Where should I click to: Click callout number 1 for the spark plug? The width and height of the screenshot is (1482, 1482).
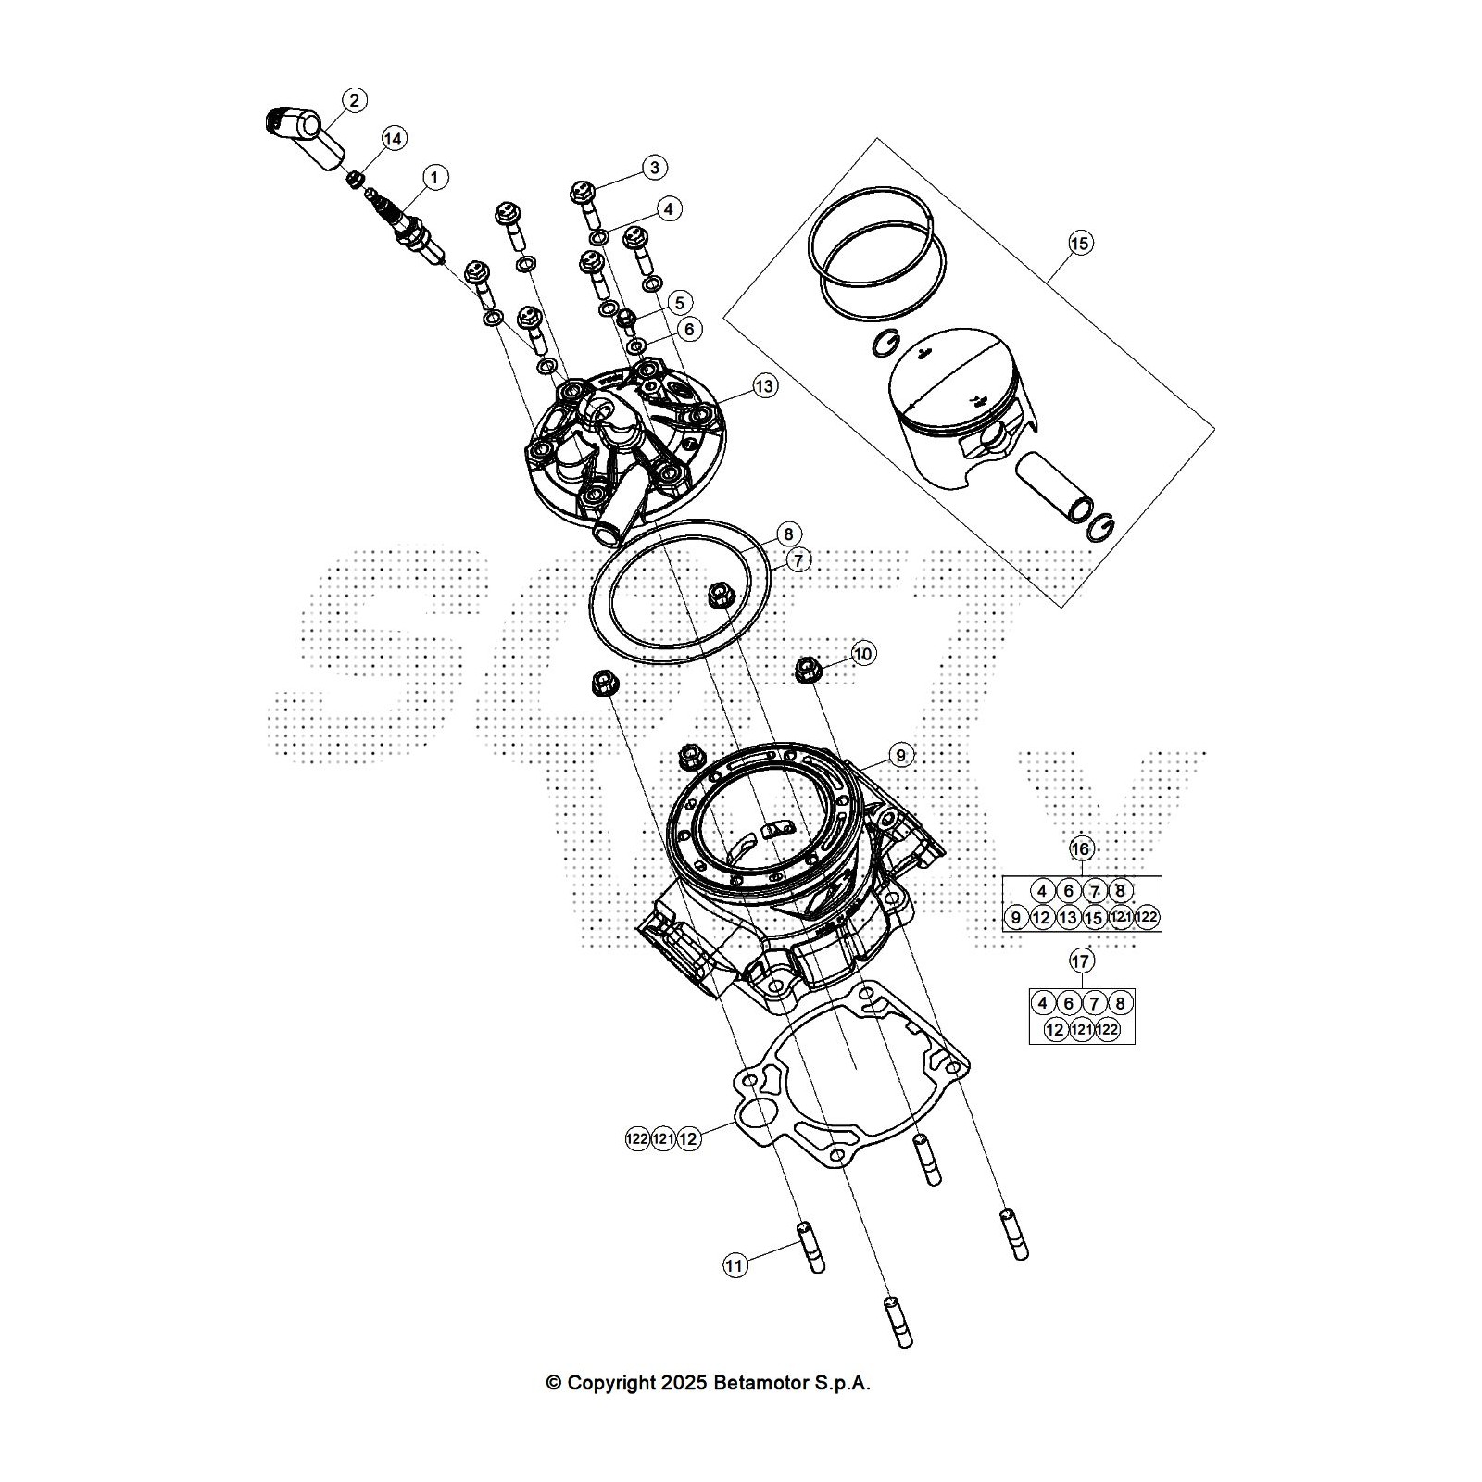(434, 176)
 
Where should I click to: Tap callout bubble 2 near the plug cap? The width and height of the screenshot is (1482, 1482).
(355, 100)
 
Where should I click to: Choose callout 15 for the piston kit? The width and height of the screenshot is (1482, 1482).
(1080, 244)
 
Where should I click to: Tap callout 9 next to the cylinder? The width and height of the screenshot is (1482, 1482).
(899, 756)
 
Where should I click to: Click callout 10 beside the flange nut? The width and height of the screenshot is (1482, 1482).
(862, 654)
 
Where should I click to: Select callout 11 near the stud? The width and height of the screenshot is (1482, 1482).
(735, 1266)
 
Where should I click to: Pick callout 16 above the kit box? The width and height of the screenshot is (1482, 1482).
(1081, 848)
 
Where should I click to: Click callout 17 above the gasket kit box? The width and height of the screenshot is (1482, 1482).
(1081, 961)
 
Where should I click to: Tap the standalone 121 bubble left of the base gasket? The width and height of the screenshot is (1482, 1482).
(662, 1139)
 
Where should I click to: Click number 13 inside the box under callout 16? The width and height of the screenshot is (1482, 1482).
(1068, 918)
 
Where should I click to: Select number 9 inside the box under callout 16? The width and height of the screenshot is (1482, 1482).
(1016, 918)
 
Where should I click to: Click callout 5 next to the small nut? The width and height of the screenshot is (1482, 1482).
(680, 303)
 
